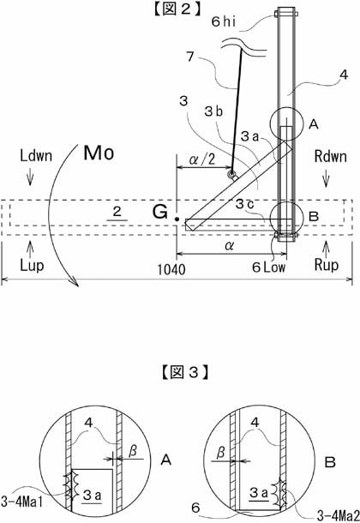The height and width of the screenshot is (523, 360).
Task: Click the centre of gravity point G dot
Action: (177, 219)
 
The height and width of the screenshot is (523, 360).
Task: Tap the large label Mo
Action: (99, 153)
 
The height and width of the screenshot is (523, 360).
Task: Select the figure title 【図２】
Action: (177, 9)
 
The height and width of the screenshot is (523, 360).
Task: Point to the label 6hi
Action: (224, 21)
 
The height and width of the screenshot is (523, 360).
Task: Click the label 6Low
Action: (268, 268)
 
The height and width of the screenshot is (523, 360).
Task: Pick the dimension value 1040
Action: (171, 269)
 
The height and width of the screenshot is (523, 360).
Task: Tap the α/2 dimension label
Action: (202, 159)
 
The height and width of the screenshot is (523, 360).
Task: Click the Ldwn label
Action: (36, 156)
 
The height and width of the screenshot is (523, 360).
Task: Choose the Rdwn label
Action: (330, 156)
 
